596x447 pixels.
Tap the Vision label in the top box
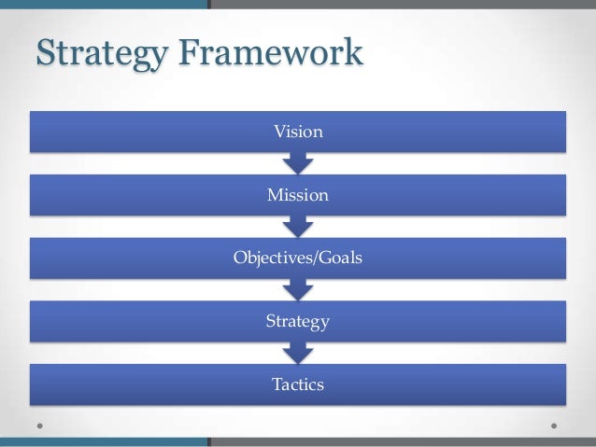(298, 132)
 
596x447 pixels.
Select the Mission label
(298, 195)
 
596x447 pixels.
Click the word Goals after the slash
(340, 258)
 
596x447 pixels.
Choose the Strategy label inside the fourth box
(298, 322)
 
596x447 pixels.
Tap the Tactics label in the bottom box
(298, 384)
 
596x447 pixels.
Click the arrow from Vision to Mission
(298, 163)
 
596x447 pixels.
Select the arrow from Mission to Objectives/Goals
(298, 227)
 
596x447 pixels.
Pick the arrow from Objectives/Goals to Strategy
(298, 290)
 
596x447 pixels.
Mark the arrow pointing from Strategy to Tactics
(298, 354)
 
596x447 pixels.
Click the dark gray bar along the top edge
(402, 4)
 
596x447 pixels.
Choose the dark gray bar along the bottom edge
(402, 443)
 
